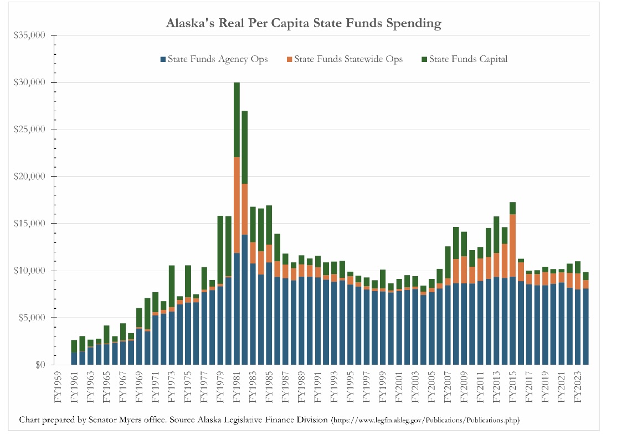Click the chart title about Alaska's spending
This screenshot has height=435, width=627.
pyautogui.click(x=304, y=23)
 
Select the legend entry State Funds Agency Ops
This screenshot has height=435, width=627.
pyautogui.click(x=214, y=59)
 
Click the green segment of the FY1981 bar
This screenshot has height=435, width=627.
pyautogui.click(x=237, y=119)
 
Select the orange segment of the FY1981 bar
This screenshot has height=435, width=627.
pyautogui.click(x=237, y=205)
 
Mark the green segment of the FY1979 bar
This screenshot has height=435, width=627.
pyautogui.click(x=220, y=249)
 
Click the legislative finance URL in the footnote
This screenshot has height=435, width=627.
pyautogui.click(x=425, y=420)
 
